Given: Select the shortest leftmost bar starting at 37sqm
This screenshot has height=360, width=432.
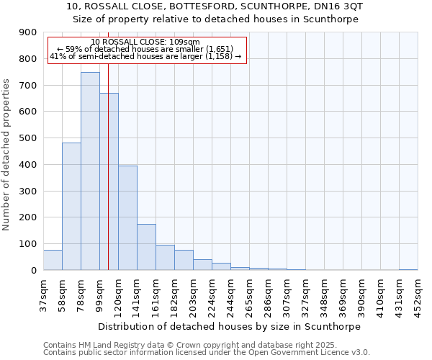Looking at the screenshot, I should [53, 260].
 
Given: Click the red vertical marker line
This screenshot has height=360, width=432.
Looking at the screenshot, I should [108, 144].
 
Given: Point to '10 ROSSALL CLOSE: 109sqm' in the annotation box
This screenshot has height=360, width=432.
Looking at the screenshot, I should [145, 42].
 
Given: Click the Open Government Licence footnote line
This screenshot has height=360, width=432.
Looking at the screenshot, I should [207, 352].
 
